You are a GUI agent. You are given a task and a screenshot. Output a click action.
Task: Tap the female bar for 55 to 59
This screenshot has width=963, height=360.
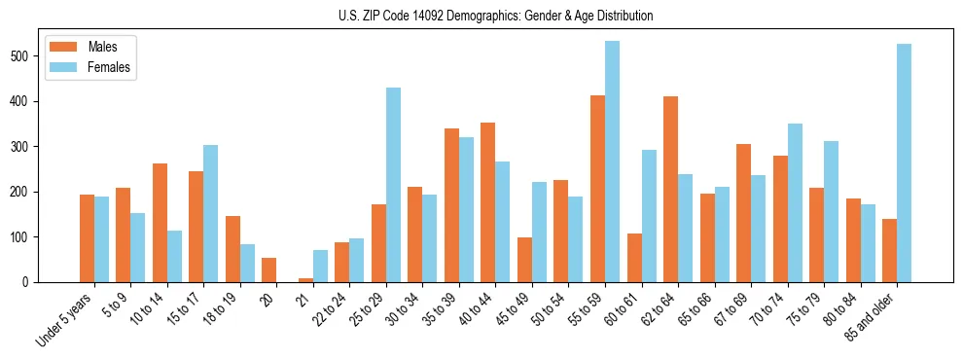[612, 162]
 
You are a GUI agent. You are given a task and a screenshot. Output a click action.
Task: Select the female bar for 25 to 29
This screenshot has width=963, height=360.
[393, 185]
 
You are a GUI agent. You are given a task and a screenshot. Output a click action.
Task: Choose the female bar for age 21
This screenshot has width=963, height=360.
[320, 267]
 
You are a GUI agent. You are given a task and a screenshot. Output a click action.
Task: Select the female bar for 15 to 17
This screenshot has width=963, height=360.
[210, 214]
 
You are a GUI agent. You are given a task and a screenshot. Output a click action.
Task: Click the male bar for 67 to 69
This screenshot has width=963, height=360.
[743, 213]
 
